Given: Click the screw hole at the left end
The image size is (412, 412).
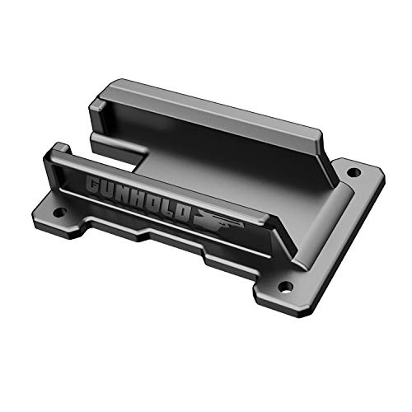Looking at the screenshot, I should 59,212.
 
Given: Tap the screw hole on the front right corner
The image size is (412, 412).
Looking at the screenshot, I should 285,287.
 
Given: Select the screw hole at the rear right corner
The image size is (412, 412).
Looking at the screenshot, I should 353,173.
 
